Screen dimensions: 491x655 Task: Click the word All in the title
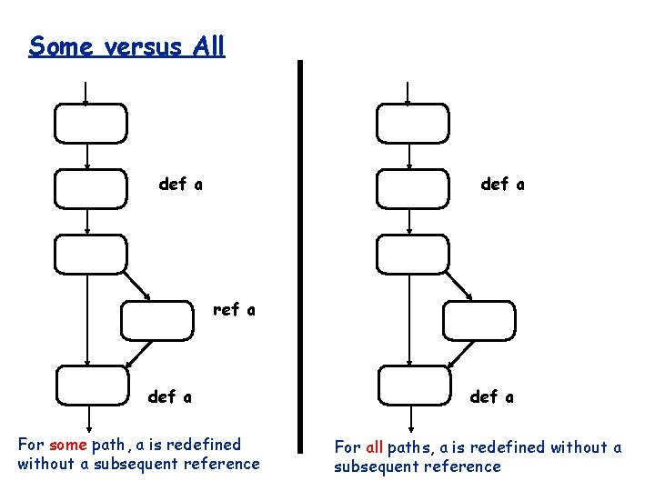point(207,46)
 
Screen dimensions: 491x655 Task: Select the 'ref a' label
point(234,310)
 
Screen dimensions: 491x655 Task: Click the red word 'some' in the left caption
point(68,445)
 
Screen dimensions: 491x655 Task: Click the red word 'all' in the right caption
point(374,447)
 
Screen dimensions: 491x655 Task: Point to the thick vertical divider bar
point(300,256)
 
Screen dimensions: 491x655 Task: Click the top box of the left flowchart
point(91,124)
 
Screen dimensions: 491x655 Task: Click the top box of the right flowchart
point(413,124)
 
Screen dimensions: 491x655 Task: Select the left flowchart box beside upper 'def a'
point(91,188)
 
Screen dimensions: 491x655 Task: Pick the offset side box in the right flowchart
point(479,320)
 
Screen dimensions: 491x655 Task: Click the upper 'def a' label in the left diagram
point(181,185)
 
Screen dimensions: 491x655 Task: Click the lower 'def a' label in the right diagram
point(492,396)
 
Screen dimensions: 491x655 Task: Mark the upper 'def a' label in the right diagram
point(502,185)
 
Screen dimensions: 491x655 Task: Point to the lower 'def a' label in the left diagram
point(170,396)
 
